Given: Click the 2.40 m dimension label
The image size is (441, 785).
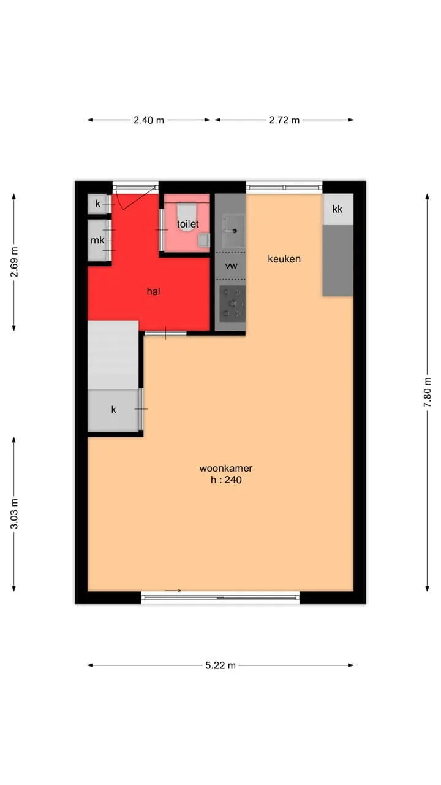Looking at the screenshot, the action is click(149, 120).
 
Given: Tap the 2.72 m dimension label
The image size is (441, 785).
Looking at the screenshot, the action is click(284, 120).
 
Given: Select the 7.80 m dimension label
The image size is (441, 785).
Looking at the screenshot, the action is click(428, 392).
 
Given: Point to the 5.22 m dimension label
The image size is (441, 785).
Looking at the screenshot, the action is click(221, 665).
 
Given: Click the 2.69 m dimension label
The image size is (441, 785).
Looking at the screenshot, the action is click(14, 262).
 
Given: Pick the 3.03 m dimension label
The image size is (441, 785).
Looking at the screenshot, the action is click(14, 513).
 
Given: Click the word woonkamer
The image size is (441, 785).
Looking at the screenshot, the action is click(226, 469).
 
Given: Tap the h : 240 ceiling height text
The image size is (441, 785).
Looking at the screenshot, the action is click(226, 480).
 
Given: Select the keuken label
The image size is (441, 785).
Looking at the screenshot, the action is click(284, 259).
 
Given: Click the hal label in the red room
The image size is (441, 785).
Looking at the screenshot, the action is click(154, 291).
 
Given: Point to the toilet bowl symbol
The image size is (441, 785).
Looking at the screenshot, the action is click(187, 217).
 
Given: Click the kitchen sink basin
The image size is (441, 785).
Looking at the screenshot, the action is click(234, 231).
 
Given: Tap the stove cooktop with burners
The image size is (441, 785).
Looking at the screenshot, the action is click(232, 304).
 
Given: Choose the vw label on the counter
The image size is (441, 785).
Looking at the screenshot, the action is click(231, 266).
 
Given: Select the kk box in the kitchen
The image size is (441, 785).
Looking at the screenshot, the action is click(337, 209).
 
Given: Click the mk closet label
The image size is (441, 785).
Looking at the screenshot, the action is click(97, 240).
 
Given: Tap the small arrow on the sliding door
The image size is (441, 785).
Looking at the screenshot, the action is click(173, 591).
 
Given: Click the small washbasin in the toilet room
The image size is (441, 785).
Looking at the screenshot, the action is click(204, 240).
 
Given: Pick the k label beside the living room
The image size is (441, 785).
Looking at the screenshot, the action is click(113, 409).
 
